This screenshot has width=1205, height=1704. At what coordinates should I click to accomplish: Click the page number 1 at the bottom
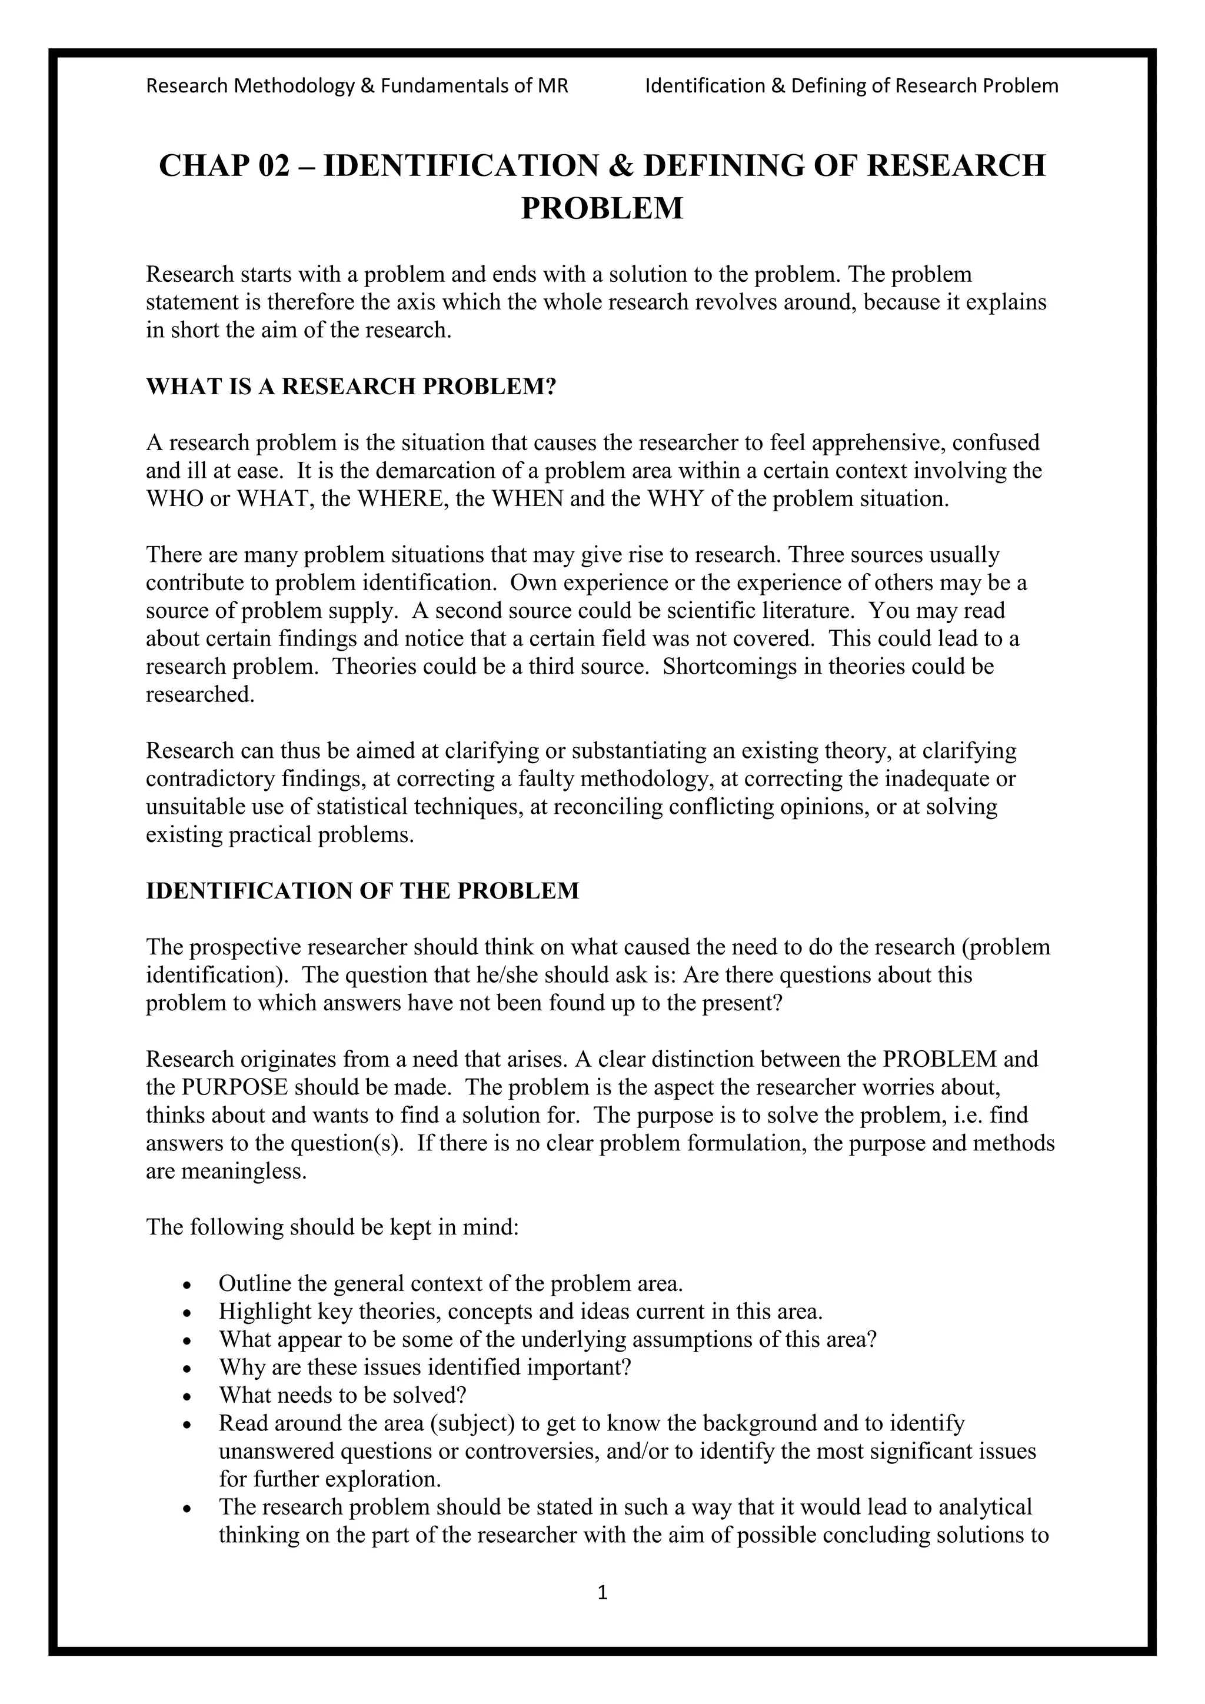[602, 1592]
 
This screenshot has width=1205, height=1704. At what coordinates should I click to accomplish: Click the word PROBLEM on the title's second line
[602, 208]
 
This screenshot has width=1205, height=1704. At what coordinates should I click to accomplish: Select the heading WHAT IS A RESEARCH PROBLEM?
[350, 387]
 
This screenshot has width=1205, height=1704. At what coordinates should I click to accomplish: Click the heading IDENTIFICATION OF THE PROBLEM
[362, 891]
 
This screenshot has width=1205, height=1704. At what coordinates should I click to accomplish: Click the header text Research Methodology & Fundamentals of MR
[357, 86]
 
